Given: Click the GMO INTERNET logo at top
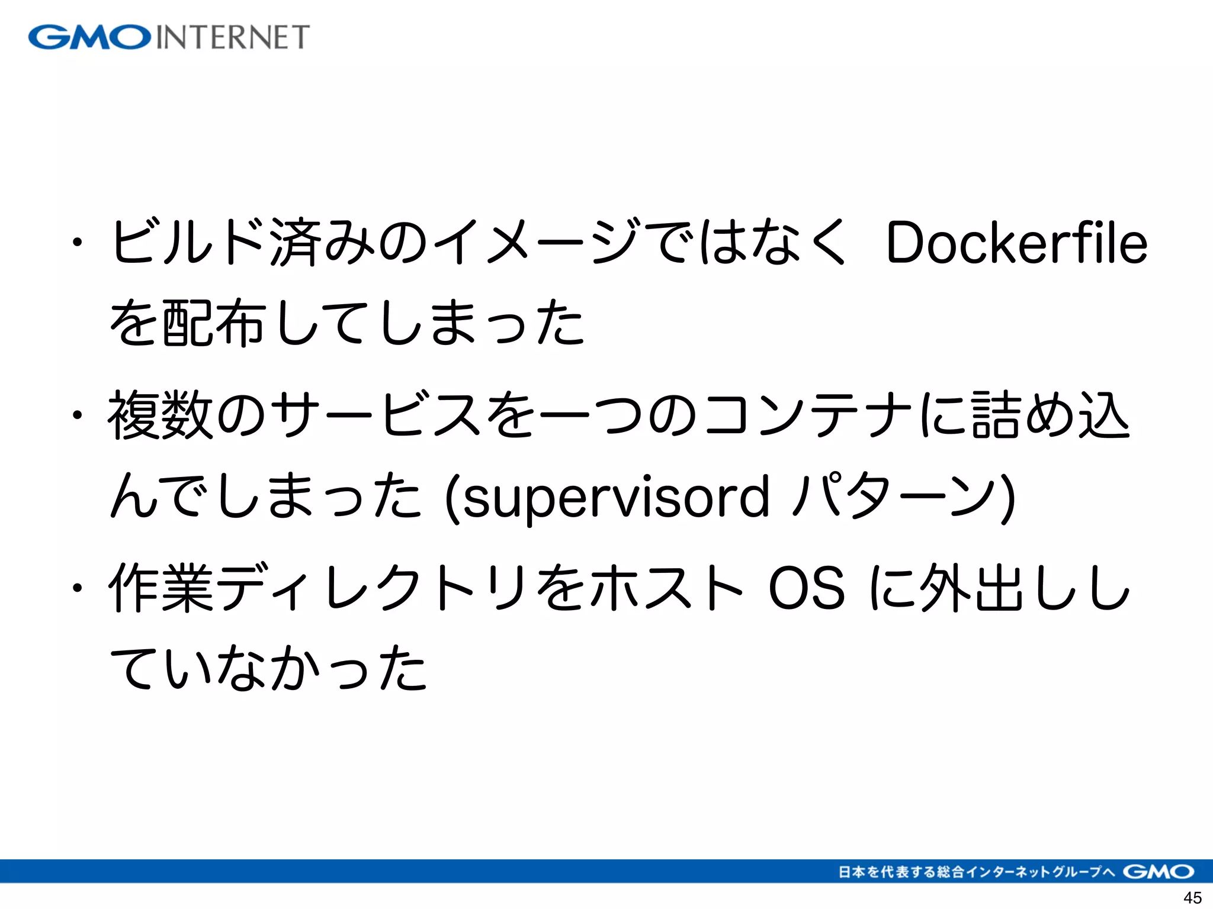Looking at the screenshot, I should coord(169,37).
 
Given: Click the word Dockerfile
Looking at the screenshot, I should coord(1016,243).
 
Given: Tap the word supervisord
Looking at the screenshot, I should coord(616,497).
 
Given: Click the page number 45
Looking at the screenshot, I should coord(1192,898).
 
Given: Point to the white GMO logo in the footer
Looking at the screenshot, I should coord(1159,872).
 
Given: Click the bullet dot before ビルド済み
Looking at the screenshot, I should coord(76,242).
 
